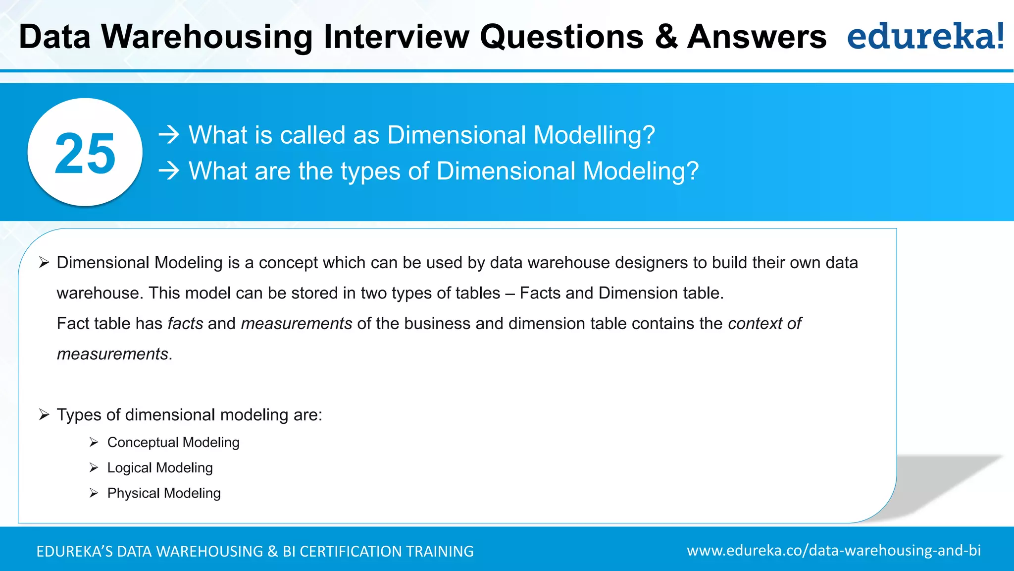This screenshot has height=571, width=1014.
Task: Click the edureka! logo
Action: pos(925,36)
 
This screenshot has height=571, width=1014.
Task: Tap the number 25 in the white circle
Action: pos(85,154)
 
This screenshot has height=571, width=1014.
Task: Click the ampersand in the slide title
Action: pos(666,37)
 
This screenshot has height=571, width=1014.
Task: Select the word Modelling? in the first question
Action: pos(594,135)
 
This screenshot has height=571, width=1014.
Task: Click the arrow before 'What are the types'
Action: pos(169,171)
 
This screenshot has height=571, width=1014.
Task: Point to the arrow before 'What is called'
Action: pos(169,135)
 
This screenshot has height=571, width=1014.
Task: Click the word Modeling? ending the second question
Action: pos(641,171)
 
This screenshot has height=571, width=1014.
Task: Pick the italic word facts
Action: pos(185,324)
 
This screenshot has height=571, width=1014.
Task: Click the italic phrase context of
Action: pos(764,324)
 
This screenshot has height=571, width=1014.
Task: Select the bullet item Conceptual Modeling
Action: pos(173,442)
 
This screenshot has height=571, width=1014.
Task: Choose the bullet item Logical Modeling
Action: pos(160,468)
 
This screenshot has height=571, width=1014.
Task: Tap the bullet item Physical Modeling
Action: pos(164,493)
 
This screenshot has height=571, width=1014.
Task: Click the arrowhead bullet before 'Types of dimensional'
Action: pos(44,415)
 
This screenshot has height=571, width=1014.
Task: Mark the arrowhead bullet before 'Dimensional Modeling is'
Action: pos(44,263)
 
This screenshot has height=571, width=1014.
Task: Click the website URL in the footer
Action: pos(833,551)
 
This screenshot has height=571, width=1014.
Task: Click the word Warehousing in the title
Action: pos(207,37)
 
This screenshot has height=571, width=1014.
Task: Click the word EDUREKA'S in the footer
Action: pos(74,552)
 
